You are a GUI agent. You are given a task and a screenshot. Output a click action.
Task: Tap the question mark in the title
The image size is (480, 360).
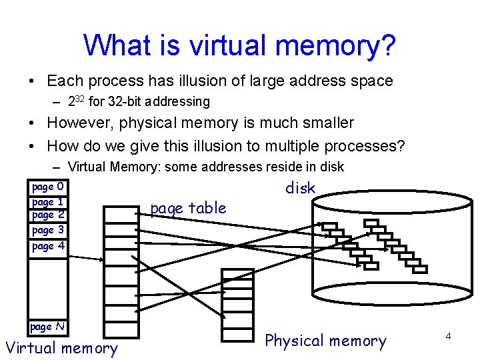click(387, 45)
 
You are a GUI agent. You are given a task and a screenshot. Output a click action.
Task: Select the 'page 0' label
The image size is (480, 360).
click(48, 187)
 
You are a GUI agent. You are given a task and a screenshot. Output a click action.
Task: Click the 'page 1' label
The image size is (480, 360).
click(48, 201)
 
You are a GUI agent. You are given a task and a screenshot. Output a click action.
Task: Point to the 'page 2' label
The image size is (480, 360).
click(48, 215)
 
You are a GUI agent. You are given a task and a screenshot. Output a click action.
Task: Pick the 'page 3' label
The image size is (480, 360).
click(48, 230)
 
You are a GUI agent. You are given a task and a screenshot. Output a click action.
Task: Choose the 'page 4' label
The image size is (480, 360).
click(48, 246)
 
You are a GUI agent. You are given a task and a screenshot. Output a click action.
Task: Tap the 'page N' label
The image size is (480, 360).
click(47, 327)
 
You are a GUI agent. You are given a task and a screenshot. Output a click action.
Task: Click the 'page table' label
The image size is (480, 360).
click(188, 208)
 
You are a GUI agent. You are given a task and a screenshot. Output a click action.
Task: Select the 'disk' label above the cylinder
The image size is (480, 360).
click(300, 188)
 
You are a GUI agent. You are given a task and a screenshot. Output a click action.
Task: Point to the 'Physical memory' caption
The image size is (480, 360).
click(325, 341)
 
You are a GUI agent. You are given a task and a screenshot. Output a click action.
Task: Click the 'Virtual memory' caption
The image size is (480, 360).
click(61, 347)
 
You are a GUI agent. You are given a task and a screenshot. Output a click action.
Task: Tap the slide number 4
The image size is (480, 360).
click(449, 337)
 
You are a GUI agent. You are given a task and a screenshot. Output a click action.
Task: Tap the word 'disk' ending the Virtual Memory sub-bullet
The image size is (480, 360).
click(332, 167)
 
